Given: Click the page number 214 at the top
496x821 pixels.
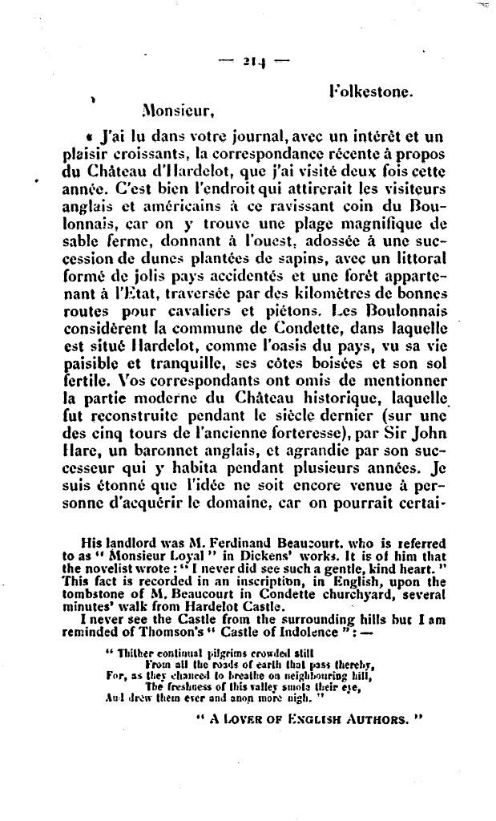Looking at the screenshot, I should [x=249, y=61].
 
